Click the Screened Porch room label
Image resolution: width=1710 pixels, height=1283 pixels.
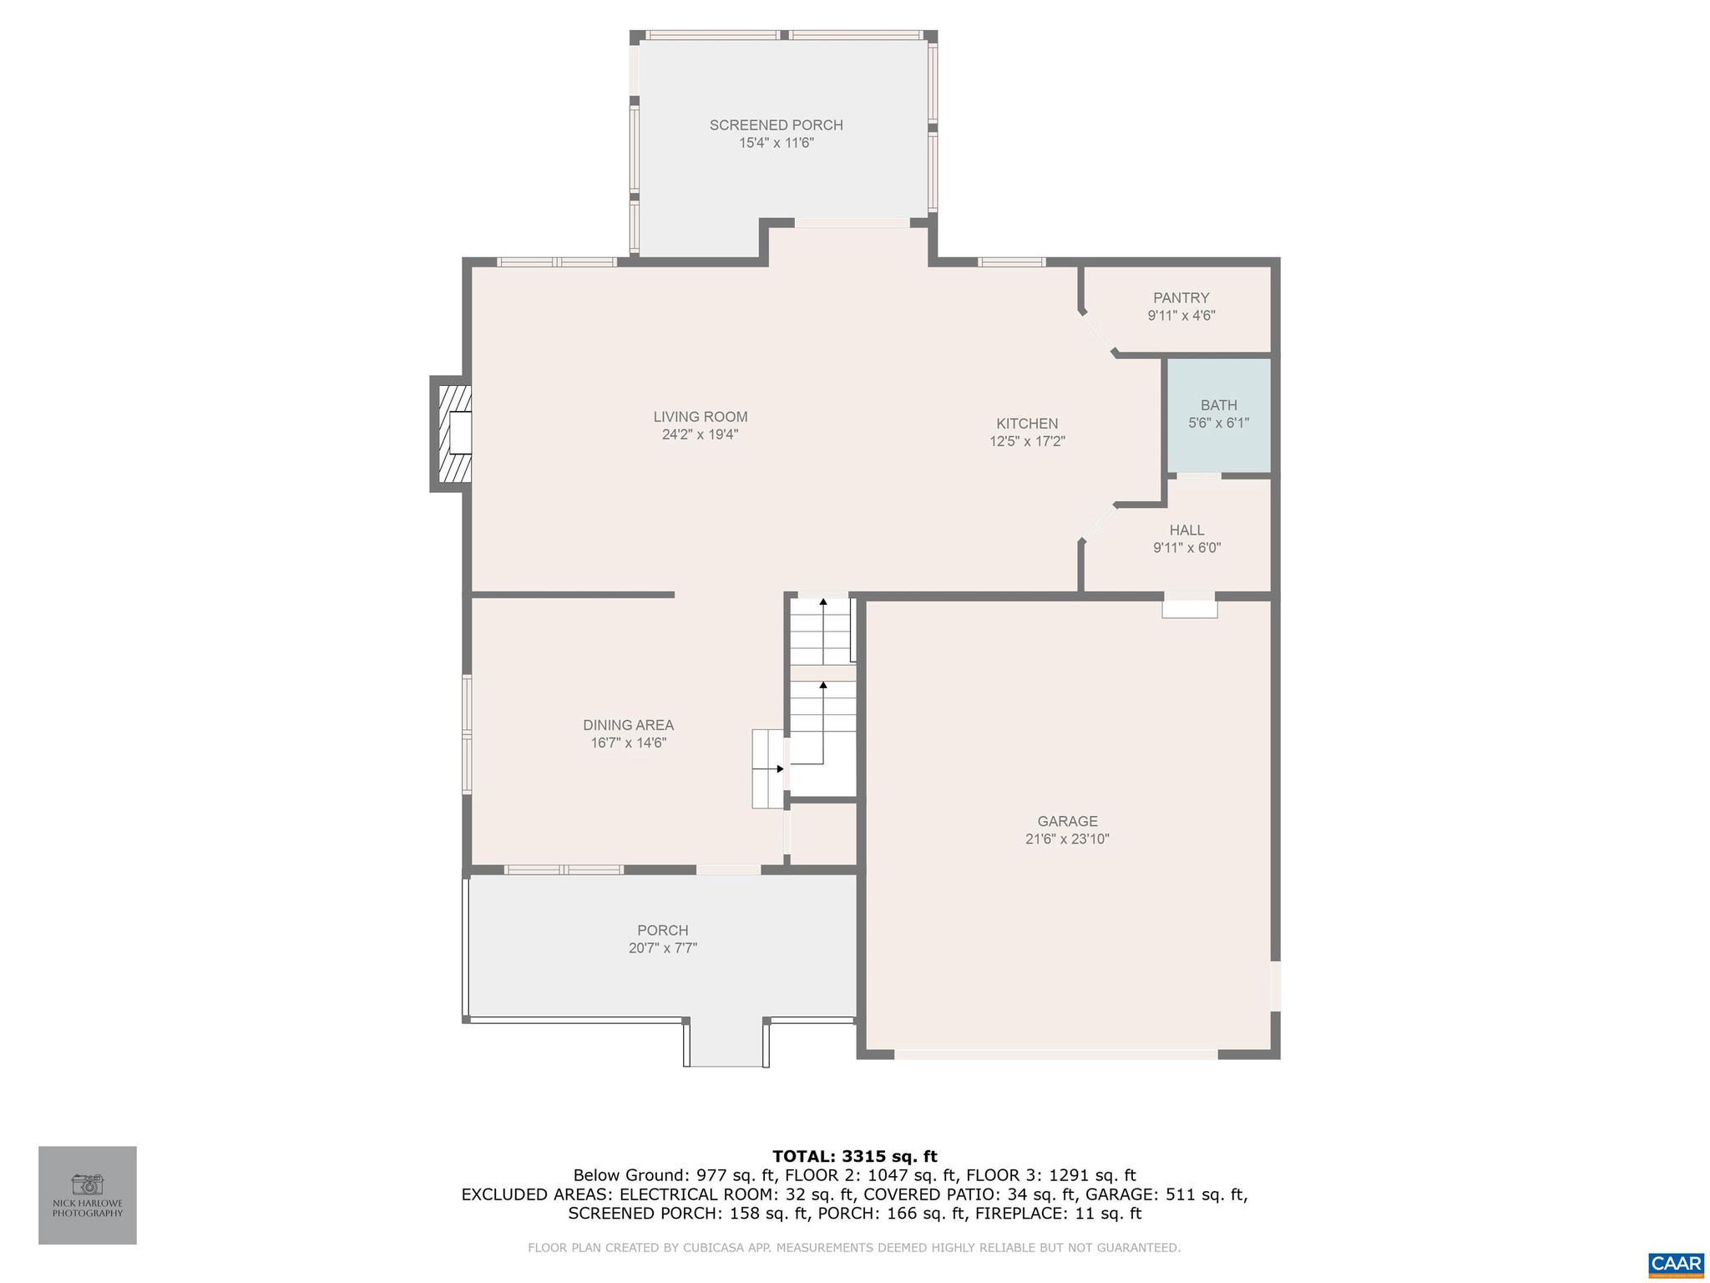776,125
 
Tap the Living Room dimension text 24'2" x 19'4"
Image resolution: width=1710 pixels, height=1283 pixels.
700,434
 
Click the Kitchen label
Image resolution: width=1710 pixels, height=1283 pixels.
1027,423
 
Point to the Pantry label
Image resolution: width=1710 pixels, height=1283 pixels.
1181,298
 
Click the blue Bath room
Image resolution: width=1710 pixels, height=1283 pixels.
1218,415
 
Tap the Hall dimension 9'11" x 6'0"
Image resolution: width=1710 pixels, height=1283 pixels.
1186,548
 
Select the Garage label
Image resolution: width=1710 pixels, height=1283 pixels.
1067,821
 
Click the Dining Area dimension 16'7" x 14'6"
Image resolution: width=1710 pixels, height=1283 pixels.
628,743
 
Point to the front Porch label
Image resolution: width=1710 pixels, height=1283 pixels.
662,931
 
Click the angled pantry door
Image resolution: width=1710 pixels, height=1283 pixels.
1098,335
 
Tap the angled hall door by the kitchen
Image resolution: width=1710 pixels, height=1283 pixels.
1098,523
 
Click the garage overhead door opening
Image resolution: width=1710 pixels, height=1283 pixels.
1055,1054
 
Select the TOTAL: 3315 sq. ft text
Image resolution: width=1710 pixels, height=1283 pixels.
854,1156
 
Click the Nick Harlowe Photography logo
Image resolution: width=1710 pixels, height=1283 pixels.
88,1194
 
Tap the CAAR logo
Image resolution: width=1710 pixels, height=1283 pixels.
1676,1262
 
